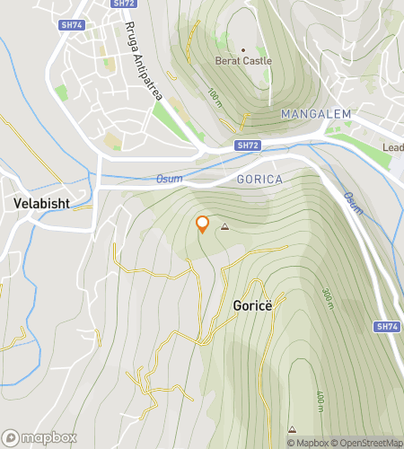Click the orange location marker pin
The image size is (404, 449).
pyautogui.click(x=203, y=224)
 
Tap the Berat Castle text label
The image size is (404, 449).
pyautogui.click(x=242, y=61)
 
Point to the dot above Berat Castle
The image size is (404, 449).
pyautogui.click(x=242, y=49)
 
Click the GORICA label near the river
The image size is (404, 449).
pyautogui.click(x=259, y=180)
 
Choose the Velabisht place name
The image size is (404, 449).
pyautogui.click(x=42, y=204)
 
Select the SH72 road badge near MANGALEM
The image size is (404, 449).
pyautogui.click(x=248, y=144)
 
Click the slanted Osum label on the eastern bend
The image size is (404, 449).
pyautogui.click(x=353, y=204)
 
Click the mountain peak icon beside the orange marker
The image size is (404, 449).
pyautogui.click(x=224, y=227)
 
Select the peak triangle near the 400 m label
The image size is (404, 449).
pyautogui.click(x=292, y=429)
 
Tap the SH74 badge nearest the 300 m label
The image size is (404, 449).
pyautogui.click(x=386, y=327)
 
